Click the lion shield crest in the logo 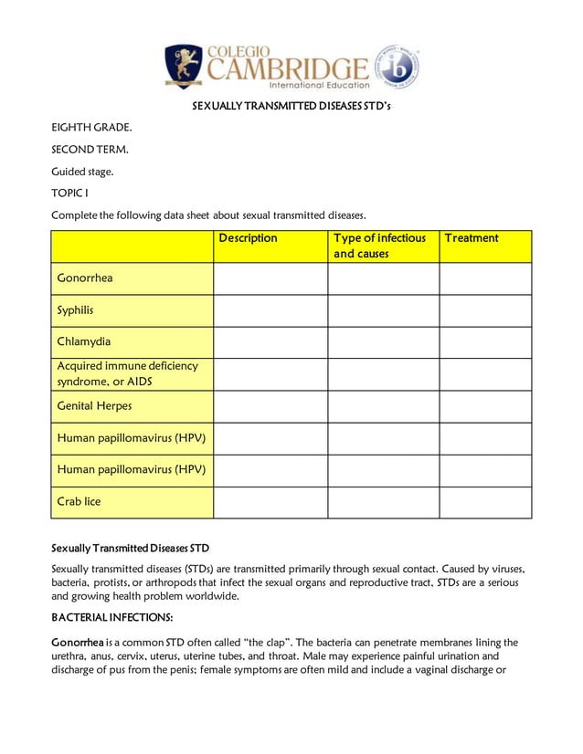(184, 67)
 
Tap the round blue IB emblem (397, 68)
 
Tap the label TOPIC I (69, 193)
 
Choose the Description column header (248, 238)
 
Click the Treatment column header (472, 238)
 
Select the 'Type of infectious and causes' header (379, 246)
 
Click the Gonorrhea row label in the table (85, 278)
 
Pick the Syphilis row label (75, 310)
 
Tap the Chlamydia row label (84, 341)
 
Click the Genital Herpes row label (94, 406)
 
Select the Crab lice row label (79, 501)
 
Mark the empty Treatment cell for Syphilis (484, 310)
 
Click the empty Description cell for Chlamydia (270, 342)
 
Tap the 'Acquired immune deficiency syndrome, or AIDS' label (127, 373)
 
